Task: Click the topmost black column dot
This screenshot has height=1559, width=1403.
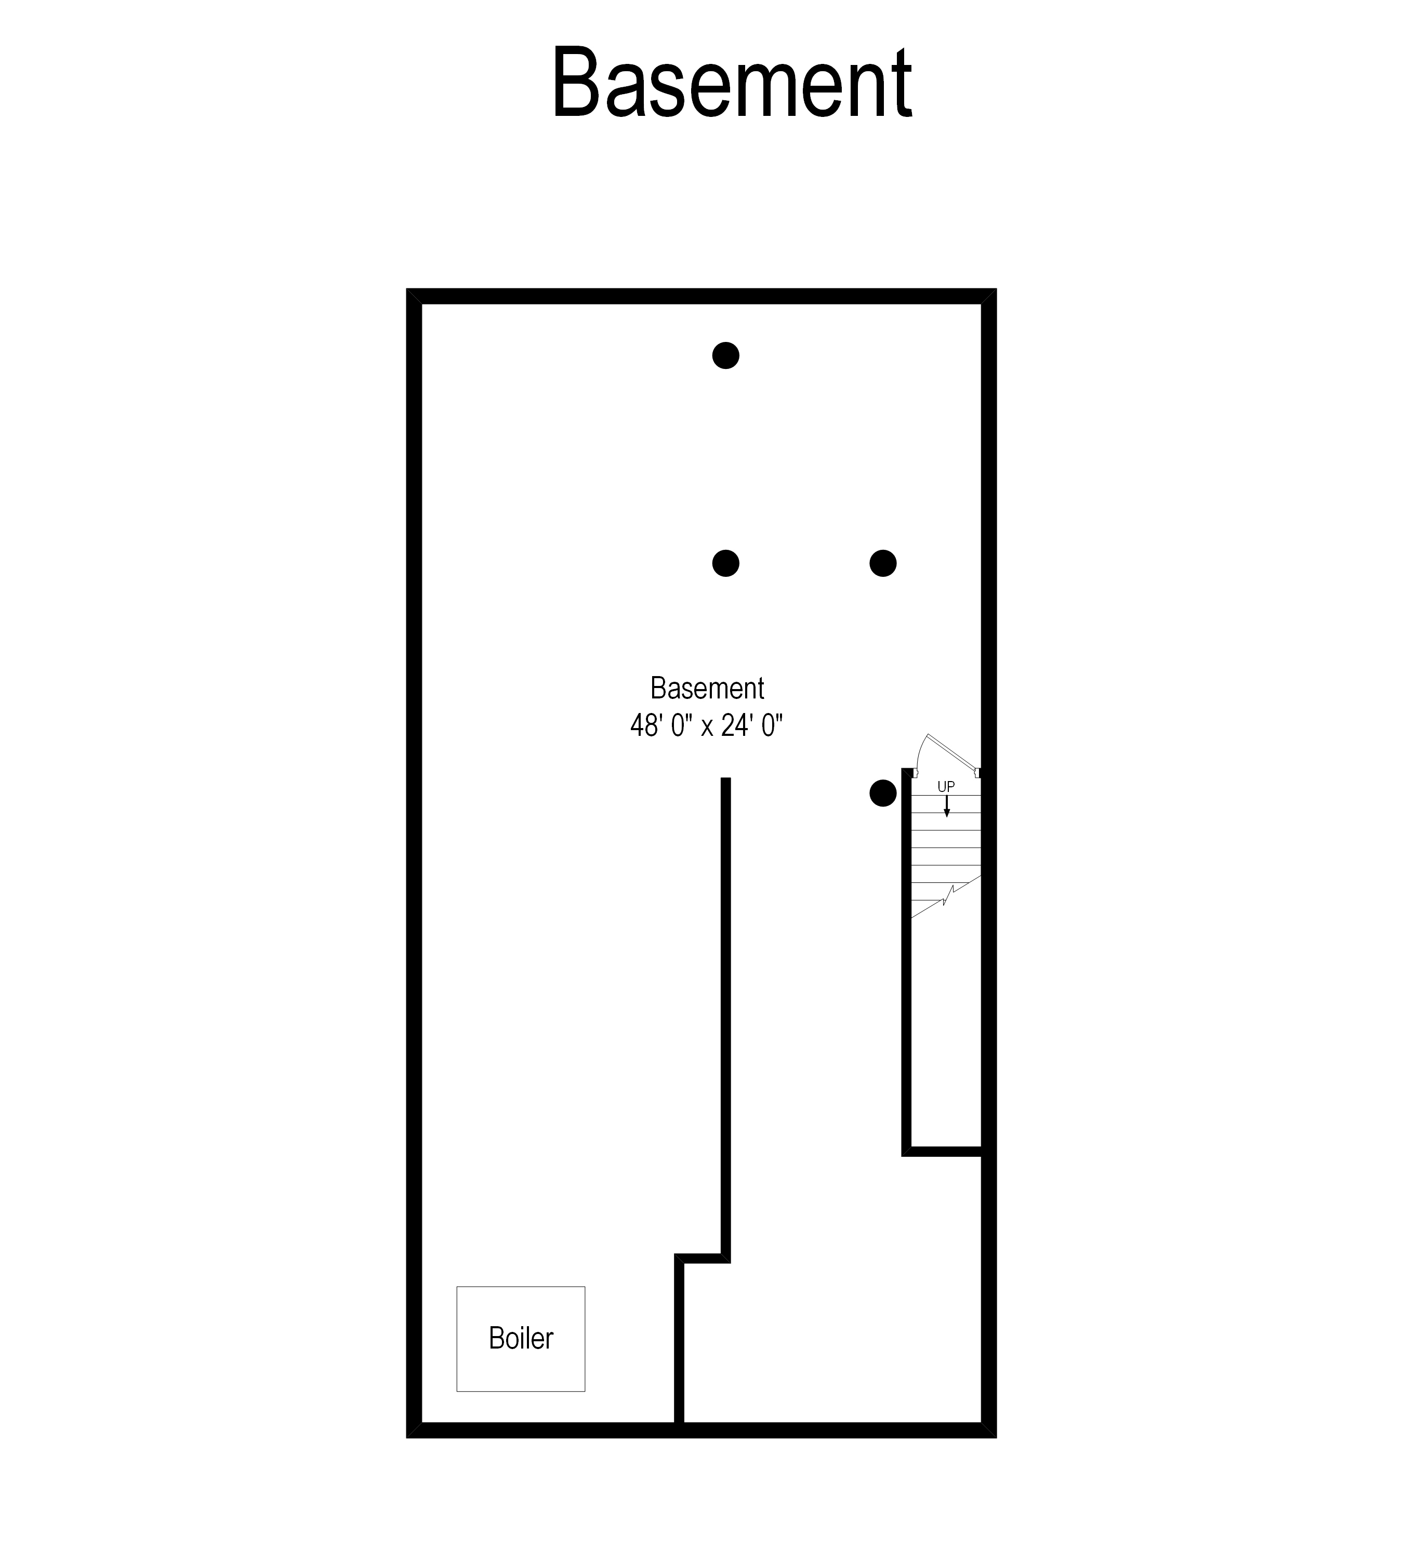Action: coord(725,355)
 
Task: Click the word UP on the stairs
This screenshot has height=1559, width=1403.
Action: coord(946,786)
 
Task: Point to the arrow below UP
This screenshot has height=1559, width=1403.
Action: coord(947,807)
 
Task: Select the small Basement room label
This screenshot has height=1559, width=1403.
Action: coord(707,688)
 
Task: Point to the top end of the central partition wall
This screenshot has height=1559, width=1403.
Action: coord(725,782)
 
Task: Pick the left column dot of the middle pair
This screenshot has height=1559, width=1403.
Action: coord(725,564)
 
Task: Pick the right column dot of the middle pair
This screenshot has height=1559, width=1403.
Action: coord(883,564)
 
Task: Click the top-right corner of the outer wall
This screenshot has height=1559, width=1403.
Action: coord(989,296)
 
